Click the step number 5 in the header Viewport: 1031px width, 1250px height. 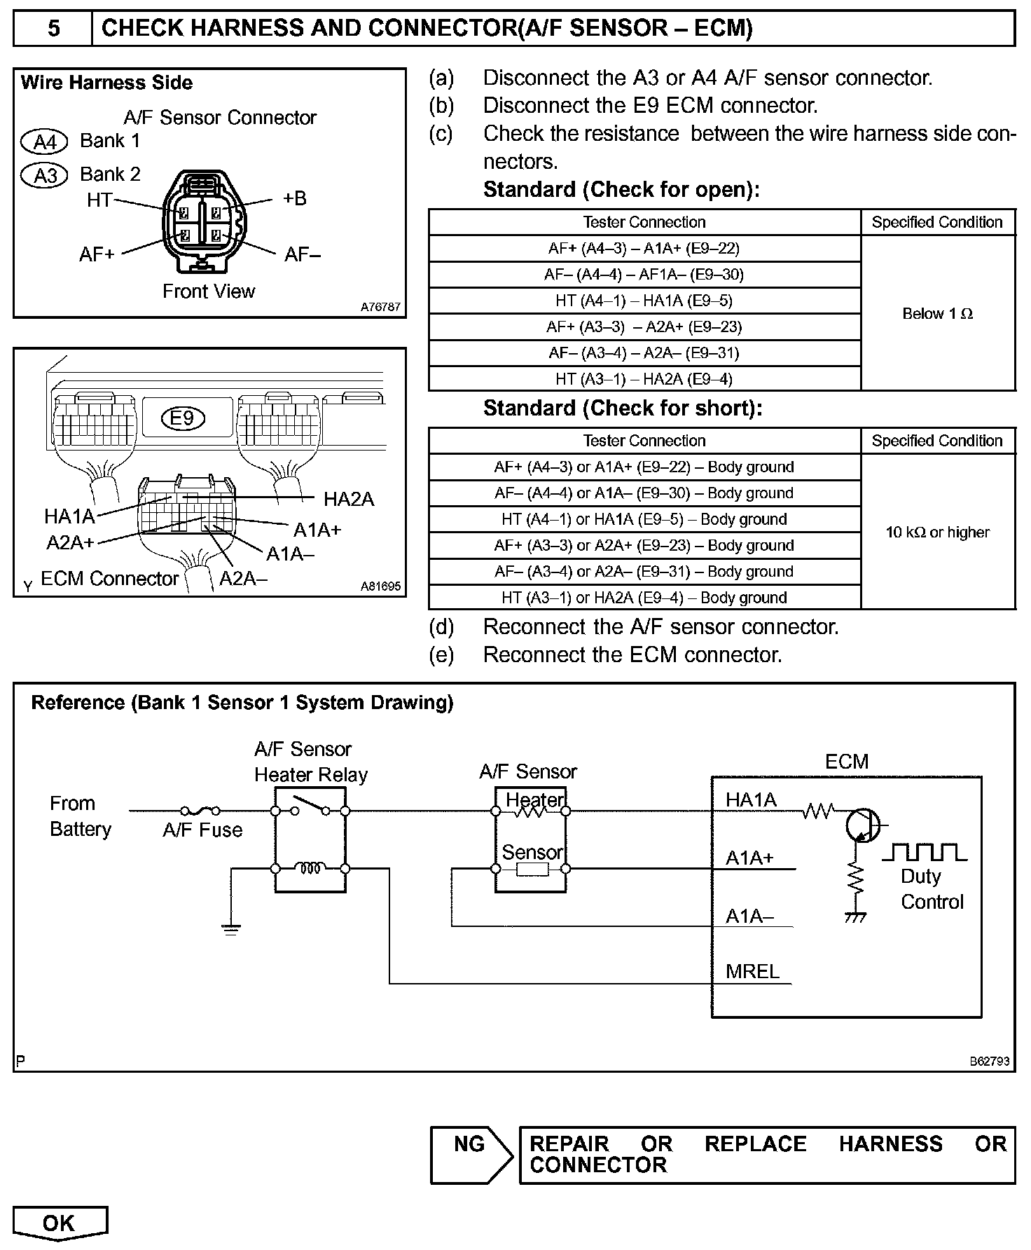(53, 29)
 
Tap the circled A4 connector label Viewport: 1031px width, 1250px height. (44, 142)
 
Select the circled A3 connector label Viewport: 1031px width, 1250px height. (44, 175)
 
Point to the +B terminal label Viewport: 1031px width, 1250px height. (294, 198)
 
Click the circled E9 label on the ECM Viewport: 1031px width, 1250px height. (182, 418)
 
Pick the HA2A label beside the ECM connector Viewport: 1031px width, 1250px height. (348, 499)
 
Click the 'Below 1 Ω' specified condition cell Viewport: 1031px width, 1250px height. (937, 313)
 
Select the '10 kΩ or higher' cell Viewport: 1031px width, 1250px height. (937, 532)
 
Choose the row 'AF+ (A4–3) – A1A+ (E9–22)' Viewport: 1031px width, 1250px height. (644, 248)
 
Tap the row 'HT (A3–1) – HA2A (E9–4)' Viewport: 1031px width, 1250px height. (644, 379)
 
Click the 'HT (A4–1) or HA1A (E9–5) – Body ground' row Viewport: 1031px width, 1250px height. (644, 519)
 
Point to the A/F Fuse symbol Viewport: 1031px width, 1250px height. (200, 811)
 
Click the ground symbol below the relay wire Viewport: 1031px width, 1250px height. (230, 929)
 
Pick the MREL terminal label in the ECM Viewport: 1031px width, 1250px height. (752, 971)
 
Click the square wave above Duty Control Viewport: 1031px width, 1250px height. (925, 852)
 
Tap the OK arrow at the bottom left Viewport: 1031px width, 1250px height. (60, 1223)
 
